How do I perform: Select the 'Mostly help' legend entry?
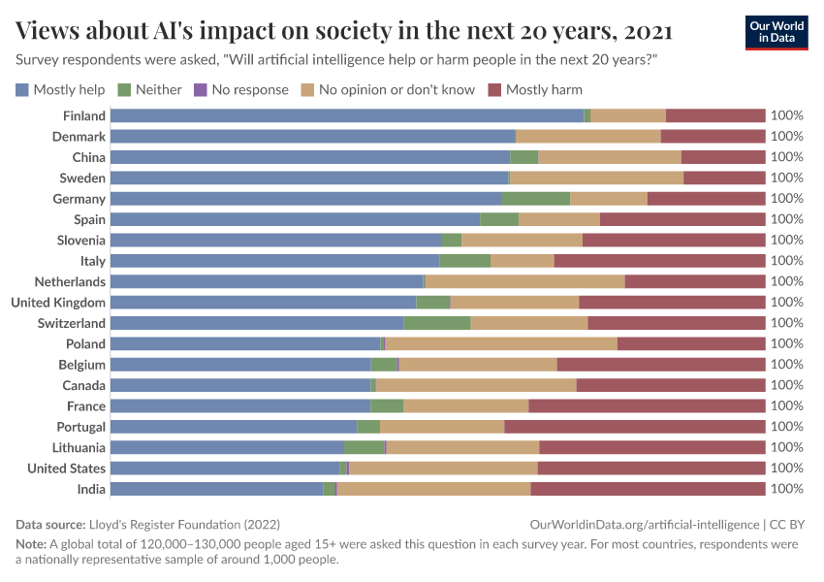[60, 90]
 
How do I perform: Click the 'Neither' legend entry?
[149, 90]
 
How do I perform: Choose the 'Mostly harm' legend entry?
[534, 90]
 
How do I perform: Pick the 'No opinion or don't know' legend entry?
[387, 90]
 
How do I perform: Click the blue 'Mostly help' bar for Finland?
[347, 115]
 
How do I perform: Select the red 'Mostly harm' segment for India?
[648, 489]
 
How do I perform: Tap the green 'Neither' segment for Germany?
[536, 199]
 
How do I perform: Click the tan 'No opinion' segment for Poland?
[501, 343]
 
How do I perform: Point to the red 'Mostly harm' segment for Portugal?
[635, 427]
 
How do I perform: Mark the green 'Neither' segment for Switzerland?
[437, 323]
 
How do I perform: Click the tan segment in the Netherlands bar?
[525, 281]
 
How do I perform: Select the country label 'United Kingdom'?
[58, 303]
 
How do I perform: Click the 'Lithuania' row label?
[79, 447]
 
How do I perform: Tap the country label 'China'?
[88, 157]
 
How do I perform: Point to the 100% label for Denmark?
[786, 137]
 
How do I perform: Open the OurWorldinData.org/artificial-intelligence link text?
[645, 524]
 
